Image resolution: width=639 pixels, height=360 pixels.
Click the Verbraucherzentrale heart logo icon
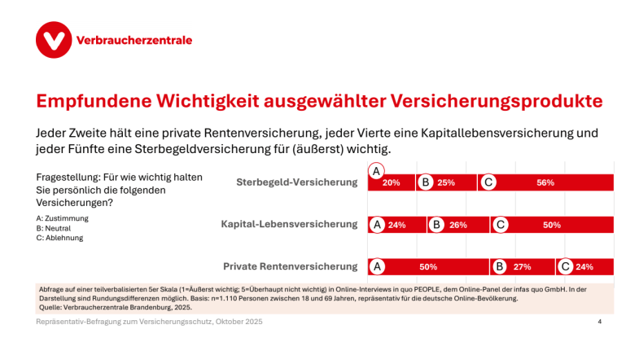pyautogui.click(x=53, y=40)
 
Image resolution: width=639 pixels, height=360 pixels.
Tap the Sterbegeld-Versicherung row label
pyautogui.click(x=297, y=182)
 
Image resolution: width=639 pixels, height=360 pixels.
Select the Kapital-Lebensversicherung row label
pyautogui.click(x=290, y=224)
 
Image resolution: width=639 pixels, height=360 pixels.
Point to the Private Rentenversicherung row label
pyautogui.click(x=291, y=266)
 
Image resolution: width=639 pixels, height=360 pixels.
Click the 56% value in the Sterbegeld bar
pyautogui.click(x=545, y=182)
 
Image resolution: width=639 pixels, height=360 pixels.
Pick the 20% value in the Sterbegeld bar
pyautogui.click(x=391, y=182)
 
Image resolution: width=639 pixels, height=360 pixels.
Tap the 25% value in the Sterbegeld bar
pyautogui.click(x=446, y=182)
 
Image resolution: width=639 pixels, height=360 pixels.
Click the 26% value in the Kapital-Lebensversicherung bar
pyautogui.click(x=457, y=225)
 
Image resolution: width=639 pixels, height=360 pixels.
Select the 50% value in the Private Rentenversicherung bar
pyautogui.click(x=429, y=266)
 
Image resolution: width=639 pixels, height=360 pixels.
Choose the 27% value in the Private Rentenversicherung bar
pyautogui.click(x=522, y=266)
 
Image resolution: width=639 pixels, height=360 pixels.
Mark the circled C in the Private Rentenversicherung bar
pyautogui.click(x=566, y=266)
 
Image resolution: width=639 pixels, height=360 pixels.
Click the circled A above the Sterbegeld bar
pyautogui.click(x=376, y=171)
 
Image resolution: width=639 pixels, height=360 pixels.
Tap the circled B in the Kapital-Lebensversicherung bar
pyautogui.click(x=436, y=225)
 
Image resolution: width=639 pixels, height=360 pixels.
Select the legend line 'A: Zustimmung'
pyautogui.click(x=63, y=218)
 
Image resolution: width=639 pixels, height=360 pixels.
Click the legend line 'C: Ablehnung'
pyautogui.click(x=59, y=238)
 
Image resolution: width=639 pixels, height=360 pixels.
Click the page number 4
pyautogui.click(x=600, y=323)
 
